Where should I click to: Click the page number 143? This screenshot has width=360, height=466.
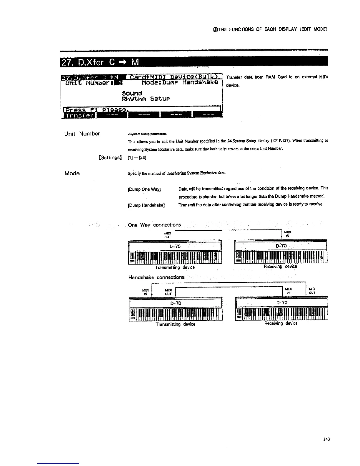pos(326,440)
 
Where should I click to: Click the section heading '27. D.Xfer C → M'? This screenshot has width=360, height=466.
pos(100,63)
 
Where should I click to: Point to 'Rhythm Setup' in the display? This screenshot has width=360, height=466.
pos(146,99)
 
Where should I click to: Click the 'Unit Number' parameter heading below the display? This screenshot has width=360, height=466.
pos(82,134)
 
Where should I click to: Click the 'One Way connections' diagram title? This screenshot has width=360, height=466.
pos(155,225)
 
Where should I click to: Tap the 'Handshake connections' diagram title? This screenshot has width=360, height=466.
pos(156,277)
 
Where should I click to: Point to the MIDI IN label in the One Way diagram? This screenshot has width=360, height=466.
pos(288,234)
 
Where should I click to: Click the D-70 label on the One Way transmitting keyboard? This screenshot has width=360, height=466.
pos(175,246)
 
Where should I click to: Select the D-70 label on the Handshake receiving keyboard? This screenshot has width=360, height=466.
pos(282,302)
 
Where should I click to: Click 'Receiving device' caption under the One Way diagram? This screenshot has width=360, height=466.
pos(280,267)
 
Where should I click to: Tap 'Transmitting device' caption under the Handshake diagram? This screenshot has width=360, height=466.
pos(175,324)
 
